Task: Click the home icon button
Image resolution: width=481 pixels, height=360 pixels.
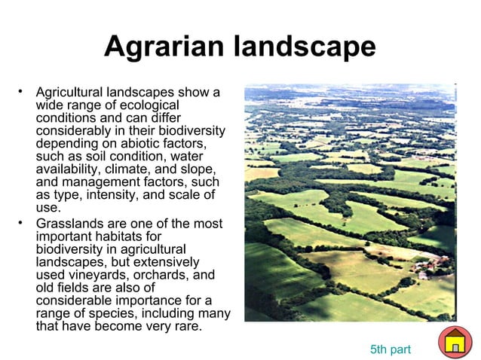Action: click(455, 343)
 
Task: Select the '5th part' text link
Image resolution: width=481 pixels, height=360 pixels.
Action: click(390, 349)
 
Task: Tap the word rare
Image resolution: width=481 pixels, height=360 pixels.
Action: click(188, 326)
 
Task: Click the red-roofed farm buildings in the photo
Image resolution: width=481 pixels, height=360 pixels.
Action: click(433, 264)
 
